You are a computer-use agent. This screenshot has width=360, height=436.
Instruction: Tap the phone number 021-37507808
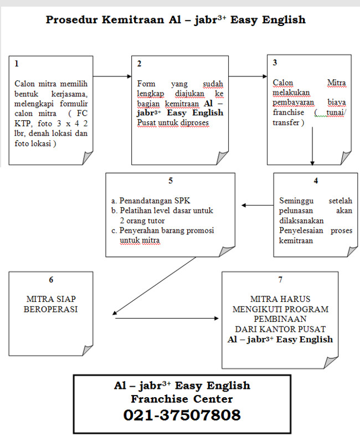pos(182,415)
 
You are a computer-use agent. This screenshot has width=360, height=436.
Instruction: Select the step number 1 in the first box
pos(17,64)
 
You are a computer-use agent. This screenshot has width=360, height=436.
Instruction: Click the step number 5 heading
pos(171,181)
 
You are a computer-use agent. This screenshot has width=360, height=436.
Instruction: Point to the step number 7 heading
pos(280,279)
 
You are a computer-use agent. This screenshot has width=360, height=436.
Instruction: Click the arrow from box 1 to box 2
pos(112,76)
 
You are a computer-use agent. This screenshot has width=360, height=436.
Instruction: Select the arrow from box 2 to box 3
pos(248,76)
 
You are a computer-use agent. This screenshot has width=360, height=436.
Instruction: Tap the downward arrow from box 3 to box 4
pos(312,146)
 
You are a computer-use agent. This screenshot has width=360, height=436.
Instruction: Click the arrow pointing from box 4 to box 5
pos(258,205)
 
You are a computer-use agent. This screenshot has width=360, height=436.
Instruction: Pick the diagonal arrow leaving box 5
pos(155,286)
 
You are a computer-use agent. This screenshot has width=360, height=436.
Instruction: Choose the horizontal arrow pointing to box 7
pos(167,318)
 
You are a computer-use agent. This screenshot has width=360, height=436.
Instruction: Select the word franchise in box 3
pos(289,112)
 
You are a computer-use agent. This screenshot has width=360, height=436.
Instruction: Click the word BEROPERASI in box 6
pos(50,309)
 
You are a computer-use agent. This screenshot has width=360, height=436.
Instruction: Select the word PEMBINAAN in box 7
pos(280,319)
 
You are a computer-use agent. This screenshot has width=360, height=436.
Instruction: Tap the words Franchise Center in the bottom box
pos(182,399)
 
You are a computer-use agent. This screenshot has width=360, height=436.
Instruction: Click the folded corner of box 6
pos(88,350)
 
